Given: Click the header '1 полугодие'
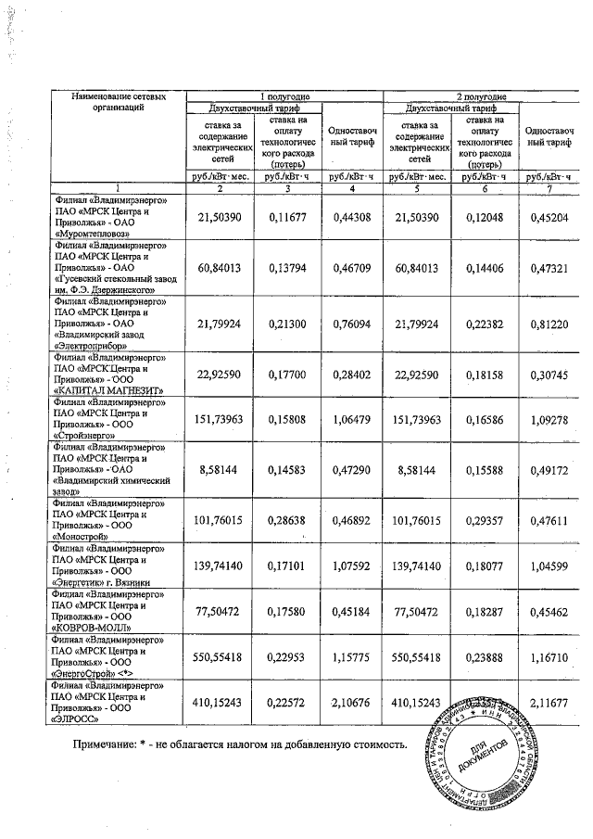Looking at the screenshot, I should pos(283,96).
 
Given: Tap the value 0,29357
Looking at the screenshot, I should pos(484,521).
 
